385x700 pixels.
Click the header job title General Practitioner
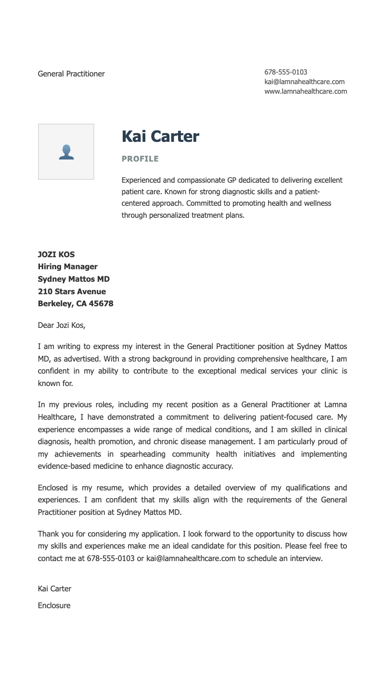(71, 74)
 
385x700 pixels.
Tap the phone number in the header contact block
(285, 72)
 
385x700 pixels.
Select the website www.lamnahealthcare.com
(305, 91)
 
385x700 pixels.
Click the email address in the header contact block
(304, 82)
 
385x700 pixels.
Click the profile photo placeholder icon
(66, 152)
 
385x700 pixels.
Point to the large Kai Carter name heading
(160, 137)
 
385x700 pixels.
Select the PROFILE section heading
(140, 159)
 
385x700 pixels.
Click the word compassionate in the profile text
(200, 180)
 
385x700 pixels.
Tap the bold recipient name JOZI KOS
(56, 254)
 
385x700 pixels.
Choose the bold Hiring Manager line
(67, 267)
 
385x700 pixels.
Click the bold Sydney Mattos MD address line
(74, 279)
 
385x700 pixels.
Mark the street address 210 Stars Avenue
(72, 291)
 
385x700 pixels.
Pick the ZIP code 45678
(101, 304)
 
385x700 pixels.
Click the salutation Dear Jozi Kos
(61, 325)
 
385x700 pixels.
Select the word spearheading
(142, 454)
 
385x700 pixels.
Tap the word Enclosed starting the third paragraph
(52, 487)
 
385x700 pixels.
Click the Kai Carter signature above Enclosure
(54, 588)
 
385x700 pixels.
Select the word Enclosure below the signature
(54, 605)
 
